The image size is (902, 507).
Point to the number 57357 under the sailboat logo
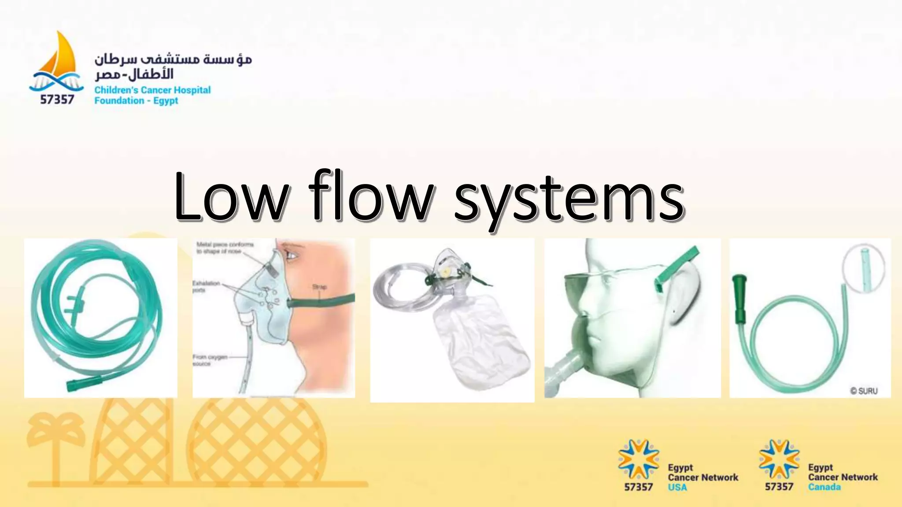57,99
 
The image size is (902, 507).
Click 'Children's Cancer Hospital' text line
152,90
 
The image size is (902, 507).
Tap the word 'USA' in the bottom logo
677,487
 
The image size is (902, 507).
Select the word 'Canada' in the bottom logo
824,487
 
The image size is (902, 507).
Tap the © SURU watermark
864,391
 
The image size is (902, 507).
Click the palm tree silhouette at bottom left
55,445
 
